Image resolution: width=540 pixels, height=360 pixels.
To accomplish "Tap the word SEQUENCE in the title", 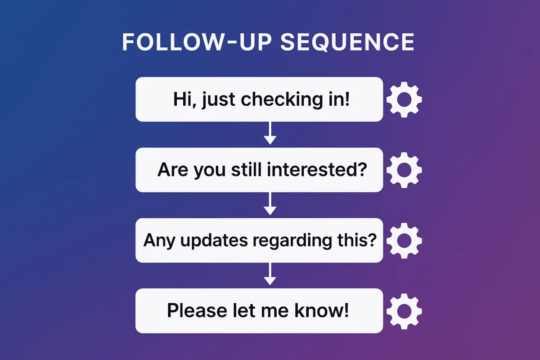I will (347, 42).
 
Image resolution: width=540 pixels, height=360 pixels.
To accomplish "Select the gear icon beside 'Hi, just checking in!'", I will (404, 99).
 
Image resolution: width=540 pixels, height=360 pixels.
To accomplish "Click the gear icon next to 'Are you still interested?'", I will (404, 170).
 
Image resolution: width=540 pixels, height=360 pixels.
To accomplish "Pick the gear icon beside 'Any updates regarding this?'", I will (404, 241).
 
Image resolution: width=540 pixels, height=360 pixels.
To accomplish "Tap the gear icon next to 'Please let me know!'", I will (404, 311).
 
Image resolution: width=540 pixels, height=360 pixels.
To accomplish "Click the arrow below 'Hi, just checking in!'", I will (270, 134).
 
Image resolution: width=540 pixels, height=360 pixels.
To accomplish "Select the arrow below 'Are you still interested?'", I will (270, 205).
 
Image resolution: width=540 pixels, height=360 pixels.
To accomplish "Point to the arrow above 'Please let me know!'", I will (270, 275).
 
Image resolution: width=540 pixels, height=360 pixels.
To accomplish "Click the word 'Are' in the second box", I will (173, 170).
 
